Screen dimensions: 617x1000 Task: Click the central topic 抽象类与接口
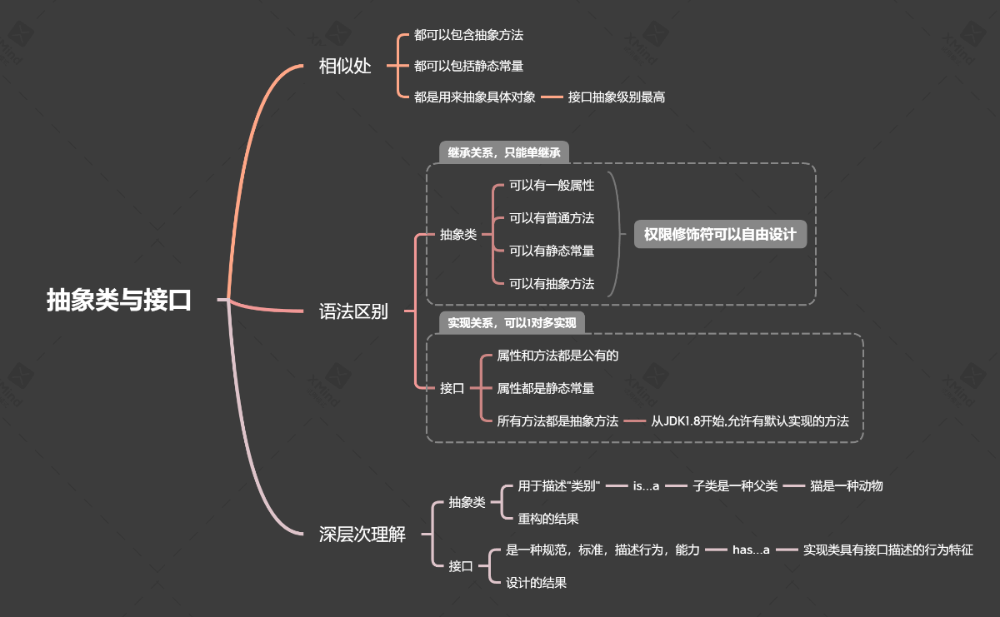click(x=119, y=300)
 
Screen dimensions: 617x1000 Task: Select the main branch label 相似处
click(x=345, y=67)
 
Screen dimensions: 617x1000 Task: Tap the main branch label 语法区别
click(x=353, y=312)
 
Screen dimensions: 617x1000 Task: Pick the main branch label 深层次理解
click(x=362, y=535)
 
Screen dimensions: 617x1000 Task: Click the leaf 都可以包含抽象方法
click(x=468, y=35)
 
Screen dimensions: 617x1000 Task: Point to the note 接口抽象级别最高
click(x=617, y=97)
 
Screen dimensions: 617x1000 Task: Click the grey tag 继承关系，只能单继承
click(x=504, y=152)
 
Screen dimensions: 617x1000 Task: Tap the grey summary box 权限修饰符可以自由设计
click(x=720, y=235)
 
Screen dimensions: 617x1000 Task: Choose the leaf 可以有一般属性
click(x=552, y=186)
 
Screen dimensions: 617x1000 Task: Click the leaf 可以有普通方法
click(x=552, y=218)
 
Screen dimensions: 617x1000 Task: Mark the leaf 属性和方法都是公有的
click(x=557, y=355)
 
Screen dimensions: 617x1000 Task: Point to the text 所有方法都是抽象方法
click(x=557, y=420)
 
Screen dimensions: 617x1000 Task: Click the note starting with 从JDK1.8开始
click(x=750, y=420)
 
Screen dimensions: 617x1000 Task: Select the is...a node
click(x=646, y=485)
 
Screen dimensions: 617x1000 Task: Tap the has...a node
click(x=751, y=550)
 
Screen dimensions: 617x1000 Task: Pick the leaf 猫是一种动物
click(x=846, y=485)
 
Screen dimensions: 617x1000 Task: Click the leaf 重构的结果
click(x=548, y=518)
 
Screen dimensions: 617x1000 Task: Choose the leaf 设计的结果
click(x=537, y=583)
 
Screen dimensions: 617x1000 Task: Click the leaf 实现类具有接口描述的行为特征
click(x=887, y=550)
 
